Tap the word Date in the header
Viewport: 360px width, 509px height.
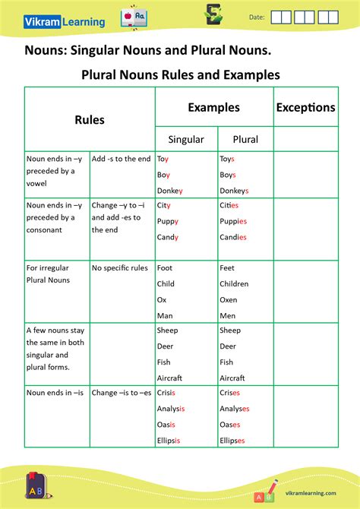257,17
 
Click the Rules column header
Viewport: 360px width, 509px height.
90,120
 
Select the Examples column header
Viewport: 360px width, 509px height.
213,108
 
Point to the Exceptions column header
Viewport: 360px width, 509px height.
305,108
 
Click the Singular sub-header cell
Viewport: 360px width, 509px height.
185,139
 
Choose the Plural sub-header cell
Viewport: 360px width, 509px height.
245,139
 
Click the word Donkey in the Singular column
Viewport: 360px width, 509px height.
170,191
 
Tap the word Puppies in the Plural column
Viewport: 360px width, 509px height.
233,221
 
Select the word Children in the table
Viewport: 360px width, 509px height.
234,283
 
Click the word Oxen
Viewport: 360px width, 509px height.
229,299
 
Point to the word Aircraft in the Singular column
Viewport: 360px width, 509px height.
169,378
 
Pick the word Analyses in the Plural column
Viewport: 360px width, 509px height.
235,409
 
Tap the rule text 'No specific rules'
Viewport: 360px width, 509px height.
119,268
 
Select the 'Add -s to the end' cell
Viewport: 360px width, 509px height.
121,159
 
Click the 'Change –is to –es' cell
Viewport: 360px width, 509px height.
122,393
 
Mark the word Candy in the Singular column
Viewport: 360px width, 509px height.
168,237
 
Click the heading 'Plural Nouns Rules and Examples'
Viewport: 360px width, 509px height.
180,75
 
